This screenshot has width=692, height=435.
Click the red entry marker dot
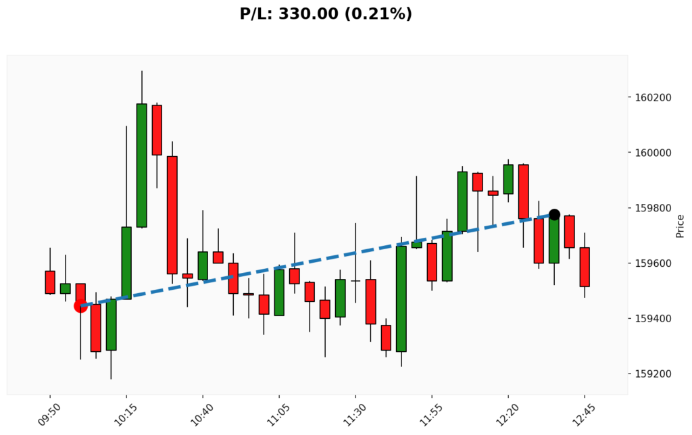(x=80, y=306)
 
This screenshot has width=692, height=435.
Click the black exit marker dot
(x=554, y=215)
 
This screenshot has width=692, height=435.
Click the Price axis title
(x=680, y=226)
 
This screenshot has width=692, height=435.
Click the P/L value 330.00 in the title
(x=306, y=14)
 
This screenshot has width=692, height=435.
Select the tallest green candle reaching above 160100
(x=142, y=165)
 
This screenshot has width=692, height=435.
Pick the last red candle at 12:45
(x=585, y=267)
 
